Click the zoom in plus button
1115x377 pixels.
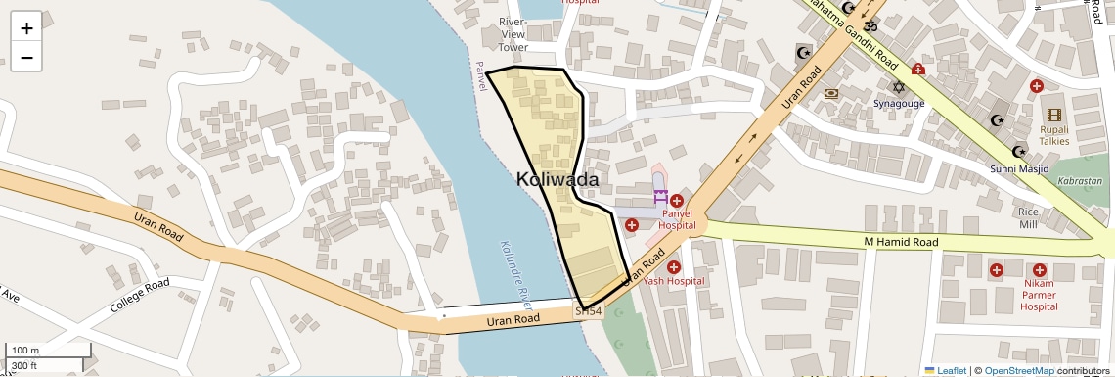26,28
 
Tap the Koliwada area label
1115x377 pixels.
557,180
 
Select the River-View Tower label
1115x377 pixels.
513,34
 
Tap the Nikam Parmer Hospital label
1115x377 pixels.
1039,295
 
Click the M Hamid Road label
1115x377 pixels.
901,242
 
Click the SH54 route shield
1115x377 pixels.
588,311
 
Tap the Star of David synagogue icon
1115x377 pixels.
898,87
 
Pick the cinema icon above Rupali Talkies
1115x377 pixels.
1053,115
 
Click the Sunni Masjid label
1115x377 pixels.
1019,169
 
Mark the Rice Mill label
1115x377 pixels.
1028,217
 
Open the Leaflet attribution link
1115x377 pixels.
945,370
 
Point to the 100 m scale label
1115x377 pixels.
25,351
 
